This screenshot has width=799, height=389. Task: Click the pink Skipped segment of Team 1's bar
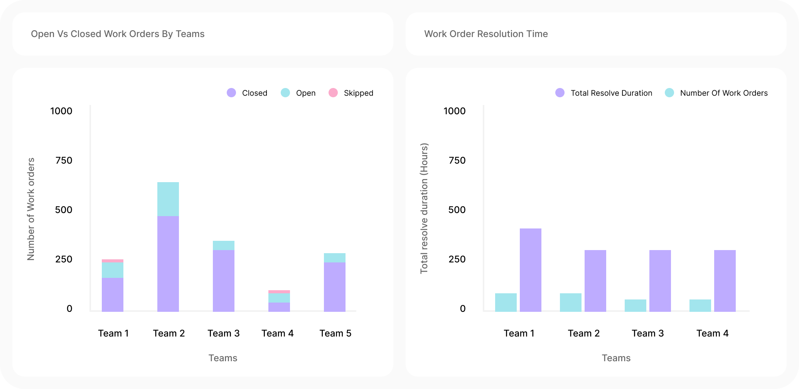(113, 261)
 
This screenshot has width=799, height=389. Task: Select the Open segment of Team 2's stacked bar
(168, 199)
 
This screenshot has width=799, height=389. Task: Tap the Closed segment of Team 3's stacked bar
(224, 281)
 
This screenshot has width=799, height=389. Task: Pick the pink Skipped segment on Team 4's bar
(279, 292)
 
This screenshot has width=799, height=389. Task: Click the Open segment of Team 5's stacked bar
(335, 258)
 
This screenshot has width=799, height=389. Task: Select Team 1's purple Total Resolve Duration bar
(531, 270)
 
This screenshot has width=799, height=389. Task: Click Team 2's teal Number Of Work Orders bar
(571, 303)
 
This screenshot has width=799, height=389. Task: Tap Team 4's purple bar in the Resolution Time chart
(725, 281)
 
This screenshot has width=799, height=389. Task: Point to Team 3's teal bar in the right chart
(635, 306)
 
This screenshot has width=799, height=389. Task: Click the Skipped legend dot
(333, 93)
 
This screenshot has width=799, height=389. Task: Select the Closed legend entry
(247, 93)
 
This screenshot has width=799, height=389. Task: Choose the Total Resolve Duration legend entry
(604, 93)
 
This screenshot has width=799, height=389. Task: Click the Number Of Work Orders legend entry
(716, 93)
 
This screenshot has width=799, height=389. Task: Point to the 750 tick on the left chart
(64, 161)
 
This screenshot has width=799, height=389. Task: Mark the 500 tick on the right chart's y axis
(457, 210)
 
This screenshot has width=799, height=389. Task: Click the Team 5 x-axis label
(335, 333)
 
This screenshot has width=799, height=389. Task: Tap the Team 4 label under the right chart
(713, 333)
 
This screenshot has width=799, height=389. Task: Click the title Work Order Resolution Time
(486, 34)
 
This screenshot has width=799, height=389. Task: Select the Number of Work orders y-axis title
(31, 209)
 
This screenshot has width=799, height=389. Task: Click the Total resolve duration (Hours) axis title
(424, 208)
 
